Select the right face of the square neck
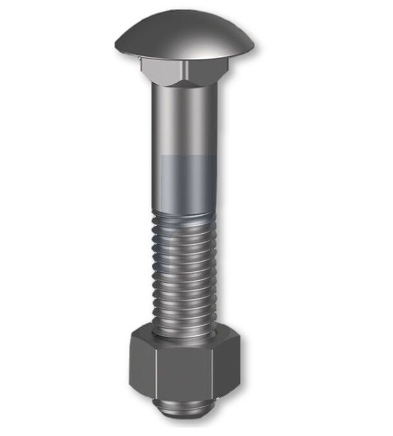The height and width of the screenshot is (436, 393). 206,70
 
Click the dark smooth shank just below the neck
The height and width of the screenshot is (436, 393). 185,119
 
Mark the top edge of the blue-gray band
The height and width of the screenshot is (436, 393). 185,156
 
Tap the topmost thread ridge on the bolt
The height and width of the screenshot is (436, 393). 185,217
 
